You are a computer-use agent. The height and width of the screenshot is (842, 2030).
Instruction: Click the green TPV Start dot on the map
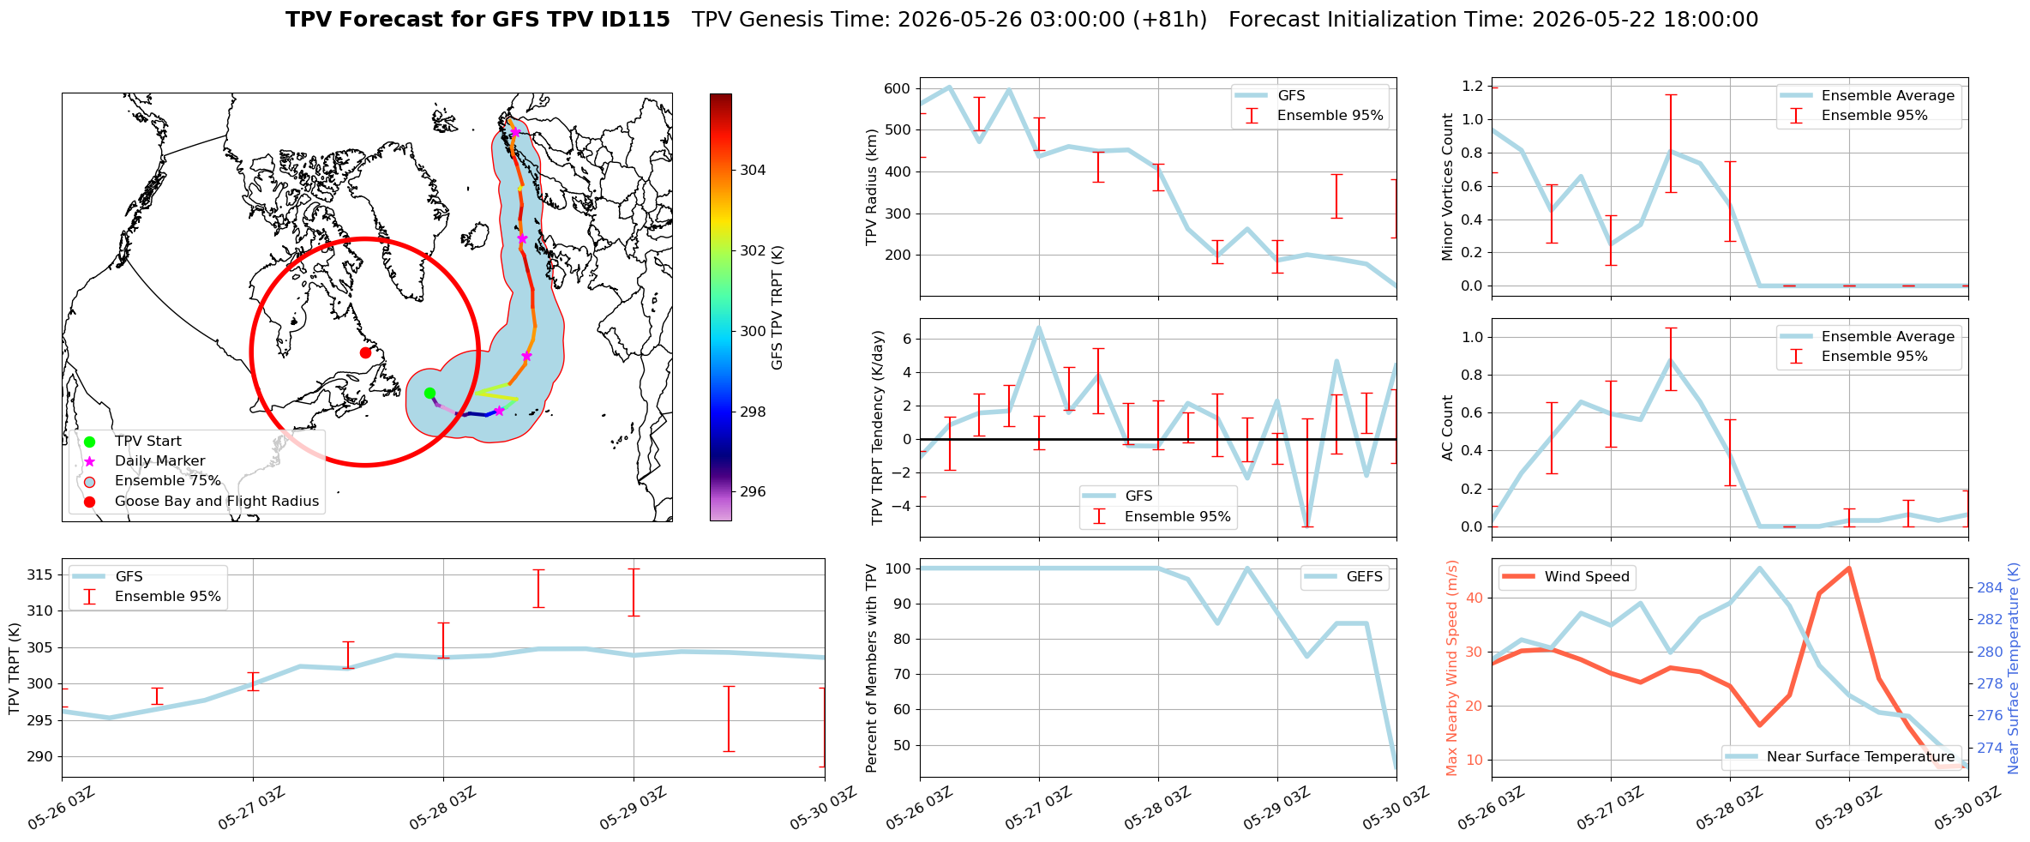(x=429, y=394)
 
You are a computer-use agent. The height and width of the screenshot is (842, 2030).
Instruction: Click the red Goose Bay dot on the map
(x=365, y=352)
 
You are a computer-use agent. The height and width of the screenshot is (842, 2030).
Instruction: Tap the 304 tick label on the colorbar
(x=754, y=170)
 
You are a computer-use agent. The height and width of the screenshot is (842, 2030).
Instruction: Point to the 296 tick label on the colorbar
(x=754, y=491)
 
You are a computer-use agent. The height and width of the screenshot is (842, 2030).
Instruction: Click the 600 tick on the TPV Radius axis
(x=897, y=88)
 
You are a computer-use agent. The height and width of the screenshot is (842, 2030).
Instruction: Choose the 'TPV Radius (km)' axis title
(x=872, y=187)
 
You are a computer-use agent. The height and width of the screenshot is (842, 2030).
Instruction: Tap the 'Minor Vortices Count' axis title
(x=1447, y=187)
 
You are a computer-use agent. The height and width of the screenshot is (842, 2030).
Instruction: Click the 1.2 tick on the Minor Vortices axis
(x=1473, y=86)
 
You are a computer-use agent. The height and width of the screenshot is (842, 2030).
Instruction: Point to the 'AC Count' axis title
(x=1447, y=428)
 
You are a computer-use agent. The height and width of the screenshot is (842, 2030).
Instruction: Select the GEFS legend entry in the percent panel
(x=1343, y=577)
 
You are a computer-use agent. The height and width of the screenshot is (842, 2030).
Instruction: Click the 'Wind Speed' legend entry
(x=1567, y=577)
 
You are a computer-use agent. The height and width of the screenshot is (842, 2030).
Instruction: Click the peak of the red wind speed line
(x=1848, y=568)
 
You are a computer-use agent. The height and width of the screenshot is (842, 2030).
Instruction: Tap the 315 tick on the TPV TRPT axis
(x=39, y=574)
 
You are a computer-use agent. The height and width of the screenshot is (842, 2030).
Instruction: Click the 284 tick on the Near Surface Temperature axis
(x=1990, y=587)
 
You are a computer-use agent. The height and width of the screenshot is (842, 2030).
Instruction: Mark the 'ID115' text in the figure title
(x=638, y=20)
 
